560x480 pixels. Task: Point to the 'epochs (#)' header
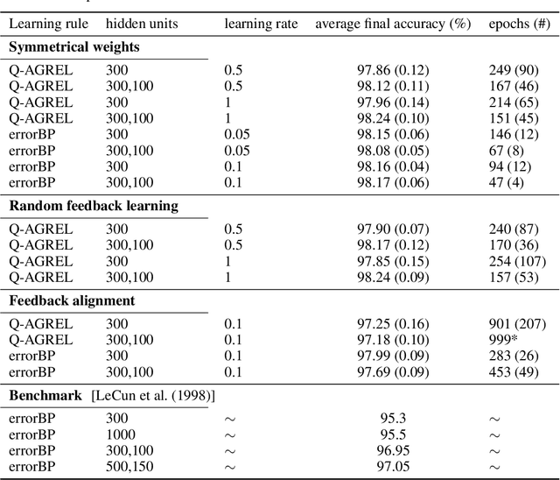click(519, 24)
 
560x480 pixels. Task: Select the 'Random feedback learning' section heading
click(94, 206)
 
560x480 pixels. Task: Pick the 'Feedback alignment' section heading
click(72, 300)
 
